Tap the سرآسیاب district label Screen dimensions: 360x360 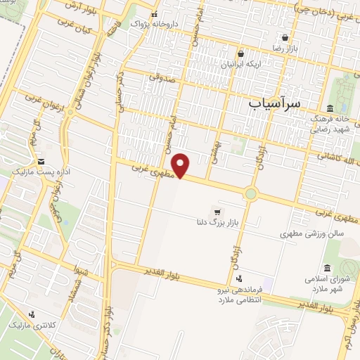(274, 103)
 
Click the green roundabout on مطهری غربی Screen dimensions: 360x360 (251, 193)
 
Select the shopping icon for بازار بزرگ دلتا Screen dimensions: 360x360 (217, 212)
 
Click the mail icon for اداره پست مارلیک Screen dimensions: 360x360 (41, 161)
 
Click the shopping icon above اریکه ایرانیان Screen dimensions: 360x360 (240, 53)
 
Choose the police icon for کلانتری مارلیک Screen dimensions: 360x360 (31, 314)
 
